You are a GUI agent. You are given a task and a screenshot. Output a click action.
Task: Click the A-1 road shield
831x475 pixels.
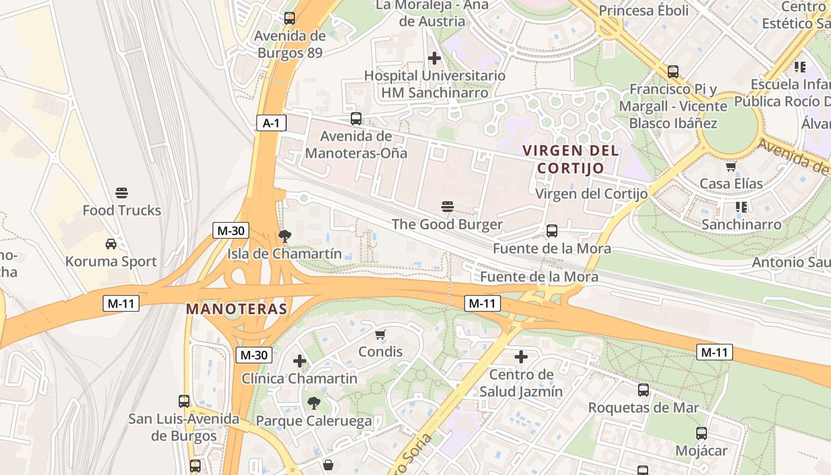tap(271, 123)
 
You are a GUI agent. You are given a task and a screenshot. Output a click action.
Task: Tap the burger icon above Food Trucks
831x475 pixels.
tap(122, 193)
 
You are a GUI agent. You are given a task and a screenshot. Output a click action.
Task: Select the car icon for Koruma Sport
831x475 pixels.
tap(111, 243)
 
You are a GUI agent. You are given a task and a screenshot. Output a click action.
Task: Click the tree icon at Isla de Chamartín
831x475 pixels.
tap(284, 236)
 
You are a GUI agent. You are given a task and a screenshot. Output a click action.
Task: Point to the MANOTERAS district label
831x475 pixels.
tap(236, 309)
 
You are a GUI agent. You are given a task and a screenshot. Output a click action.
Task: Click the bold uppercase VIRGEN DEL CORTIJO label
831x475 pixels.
tap(571, 159)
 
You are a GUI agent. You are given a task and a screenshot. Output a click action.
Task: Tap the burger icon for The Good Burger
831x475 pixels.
tap(448, 207)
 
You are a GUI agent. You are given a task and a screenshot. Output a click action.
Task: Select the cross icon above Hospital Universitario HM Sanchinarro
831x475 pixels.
tap(434, 58)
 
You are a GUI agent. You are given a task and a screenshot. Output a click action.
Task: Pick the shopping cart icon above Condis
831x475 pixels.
tap(380, 334)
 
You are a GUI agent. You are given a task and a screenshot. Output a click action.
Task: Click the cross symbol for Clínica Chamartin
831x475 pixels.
tap(300, 360)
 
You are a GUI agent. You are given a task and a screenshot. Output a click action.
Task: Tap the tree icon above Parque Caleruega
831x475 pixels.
tap(313, 403)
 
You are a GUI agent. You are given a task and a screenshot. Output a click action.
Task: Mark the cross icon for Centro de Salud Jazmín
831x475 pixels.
tap(521, 357)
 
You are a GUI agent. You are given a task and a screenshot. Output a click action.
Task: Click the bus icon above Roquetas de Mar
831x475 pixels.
tap(643, 390)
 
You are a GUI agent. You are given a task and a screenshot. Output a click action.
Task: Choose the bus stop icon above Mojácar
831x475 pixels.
tap(702, 433)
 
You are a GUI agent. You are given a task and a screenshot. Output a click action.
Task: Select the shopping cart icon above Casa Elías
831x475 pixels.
tap(731, 166)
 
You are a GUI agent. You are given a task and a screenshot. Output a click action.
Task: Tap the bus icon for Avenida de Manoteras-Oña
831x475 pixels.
tap(356, 118)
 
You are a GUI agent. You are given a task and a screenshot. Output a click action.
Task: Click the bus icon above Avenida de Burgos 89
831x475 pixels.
tap(290, 18)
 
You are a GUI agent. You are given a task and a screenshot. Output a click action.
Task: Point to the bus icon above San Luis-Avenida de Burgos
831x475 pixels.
tap(184, 401)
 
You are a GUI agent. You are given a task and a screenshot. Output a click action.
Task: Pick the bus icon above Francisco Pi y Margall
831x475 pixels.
tap(673, 71)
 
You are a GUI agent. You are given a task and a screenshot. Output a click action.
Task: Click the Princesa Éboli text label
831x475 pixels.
tap(643, 11)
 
